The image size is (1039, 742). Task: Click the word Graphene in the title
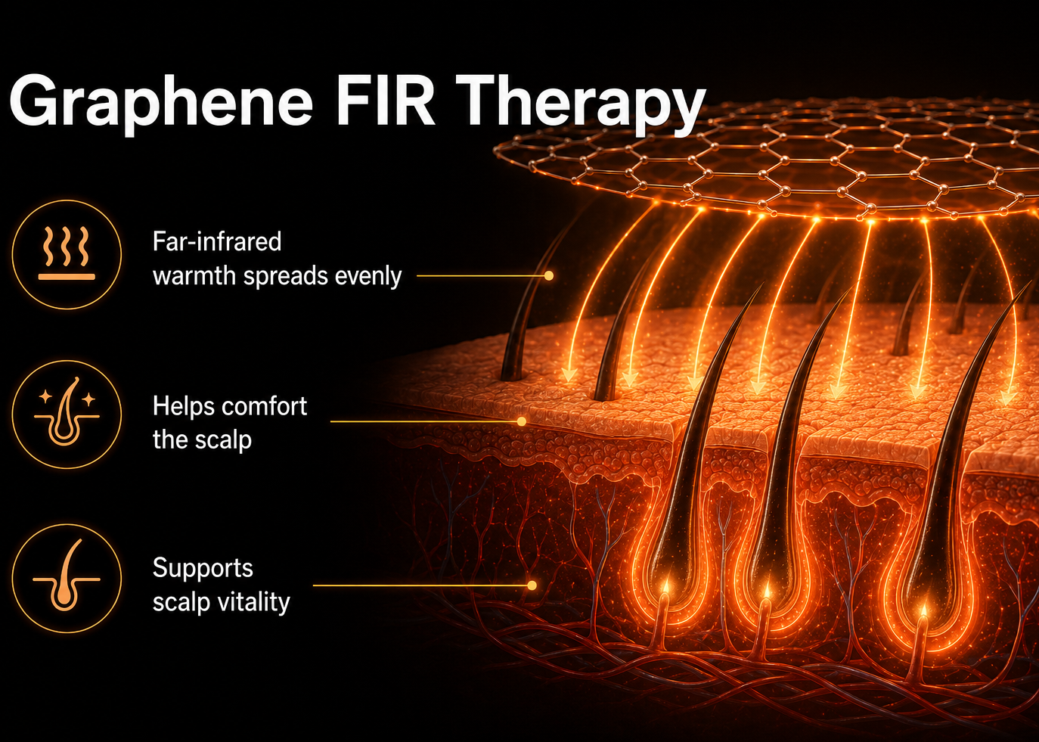point(161,104)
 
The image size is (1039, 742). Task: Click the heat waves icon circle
point(67,254)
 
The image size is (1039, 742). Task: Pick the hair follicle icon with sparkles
point(67,414)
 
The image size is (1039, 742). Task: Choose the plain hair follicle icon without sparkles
point(67,578)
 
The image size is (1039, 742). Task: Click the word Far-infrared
point(217,241)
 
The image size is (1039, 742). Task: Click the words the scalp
point(202,440)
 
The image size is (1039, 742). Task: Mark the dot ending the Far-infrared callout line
point(549,275)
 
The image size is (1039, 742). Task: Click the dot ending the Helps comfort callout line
point(521,421)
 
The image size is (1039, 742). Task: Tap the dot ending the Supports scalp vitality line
point(532,585)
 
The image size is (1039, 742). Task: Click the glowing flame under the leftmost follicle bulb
point(666,588)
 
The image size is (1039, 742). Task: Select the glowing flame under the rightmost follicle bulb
point(923,610)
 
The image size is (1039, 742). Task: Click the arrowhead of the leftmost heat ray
point(569,375)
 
